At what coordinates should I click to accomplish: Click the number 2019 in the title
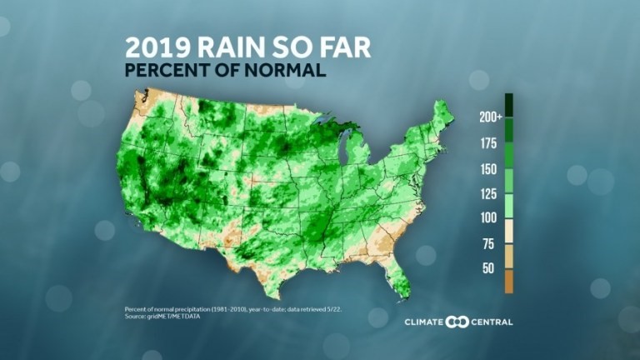point(158,47)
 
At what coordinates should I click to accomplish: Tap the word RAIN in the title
point(231,47)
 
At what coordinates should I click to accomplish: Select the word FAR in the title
point(345,47)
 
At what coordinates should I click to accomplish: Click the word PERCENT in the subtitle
point(167,70)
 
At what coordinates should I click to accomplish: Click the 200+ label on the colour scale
point(491,117)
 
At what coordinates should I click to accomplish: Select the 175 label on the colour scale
point(488,143)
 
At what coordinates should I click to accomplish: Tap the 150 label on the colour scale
point(488,169)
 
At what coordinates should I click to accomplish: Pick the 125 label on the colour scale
point(488,194)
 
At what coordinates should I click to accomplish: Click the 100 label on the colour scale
point(488,218)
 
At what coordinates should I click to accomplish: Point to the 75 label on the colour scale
point(488,244)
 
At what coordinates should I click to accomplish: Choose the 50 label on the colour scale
point(488,268)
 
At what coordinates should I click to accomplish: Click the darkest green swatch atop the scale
point(509,105)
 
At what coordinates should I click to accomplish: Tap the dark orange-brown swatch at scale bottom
point(509,281)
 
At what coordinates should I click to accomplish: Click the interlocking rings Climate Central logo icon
point(457,322)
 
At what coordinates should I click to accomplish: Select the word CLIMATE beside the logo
point(423,322)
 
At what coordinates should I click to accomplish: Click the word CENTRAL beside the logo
point(492,322)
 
